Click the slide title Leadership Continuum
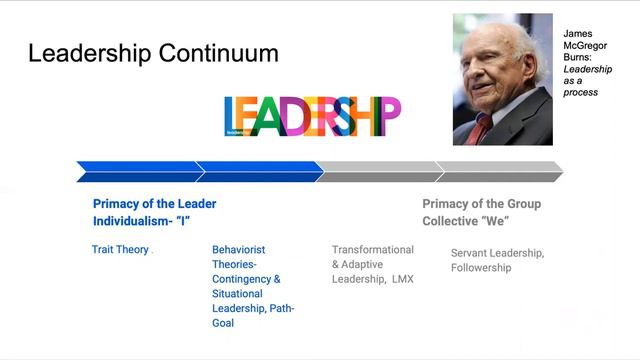tap(153, 54)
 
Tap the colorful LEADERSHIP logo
tap(312, 116)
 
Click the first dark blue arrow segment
tap(138, 171)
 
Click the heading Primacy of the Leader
tap(155, 204)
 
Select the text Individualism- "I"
tap(142, 221)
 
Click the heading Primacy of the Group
tap(481, 204)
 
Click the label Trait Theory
tap(120, 250)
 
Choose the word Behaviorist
tap(239, 250)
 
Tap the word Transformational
tap(373, 250)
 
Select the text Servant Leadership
tap(497, 253)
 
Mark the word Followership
tap(481, 268)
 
